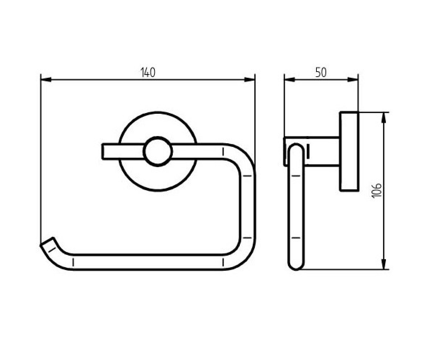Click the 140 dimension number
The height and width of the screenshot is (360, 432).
point(148,72)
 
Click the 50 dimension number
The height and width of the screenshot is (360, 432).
point(321,72)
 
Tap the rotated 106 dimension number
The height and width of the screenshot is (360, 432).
point(377,191)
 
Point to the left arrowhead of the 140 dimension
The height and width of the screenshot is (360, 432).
point(46,80)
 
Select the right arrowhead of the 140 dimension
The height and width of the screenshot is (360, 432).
point(249,80)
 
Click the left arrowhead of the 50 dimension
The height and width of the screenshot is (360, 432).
point(289,80)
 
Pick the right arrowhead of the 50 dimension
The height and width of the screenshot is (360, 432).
point(353,80)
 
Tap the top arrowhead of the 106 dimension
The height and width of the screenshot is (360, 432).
point(384,118)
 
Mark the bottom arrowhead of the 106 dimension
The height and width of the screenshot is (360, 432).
point(384,264)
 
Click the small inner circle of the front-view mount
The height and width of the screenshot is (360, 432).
point(158,152)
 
